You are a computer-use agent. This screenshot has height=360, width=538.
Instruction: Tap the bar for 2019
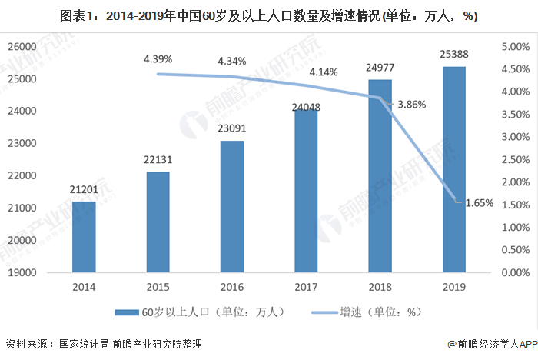pyautogui.click(x=453, y=169)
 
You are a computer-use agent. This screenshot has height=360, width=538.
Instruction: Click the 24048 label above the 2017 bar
pyautogui.click(x=306, y=98)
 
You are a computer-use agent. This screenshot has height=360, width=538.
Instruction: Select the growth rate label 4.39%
pyautogui.click(x=158, y=59)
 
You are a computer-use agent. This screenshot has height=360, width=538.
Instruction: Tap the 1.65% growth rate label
pyautogui.click(x=479, y=203)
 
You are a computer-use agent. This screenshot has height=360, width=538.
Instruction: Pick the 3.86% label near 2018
pyautogui.click(x=410, y=103)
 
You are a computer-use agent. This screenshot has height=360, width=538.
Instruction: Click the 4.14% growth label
pyautogui.click(x=324, y=72)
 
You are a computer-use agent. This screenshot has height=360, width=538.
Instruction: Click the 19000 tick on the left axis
pyautogui.click(x=22, y=273)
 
